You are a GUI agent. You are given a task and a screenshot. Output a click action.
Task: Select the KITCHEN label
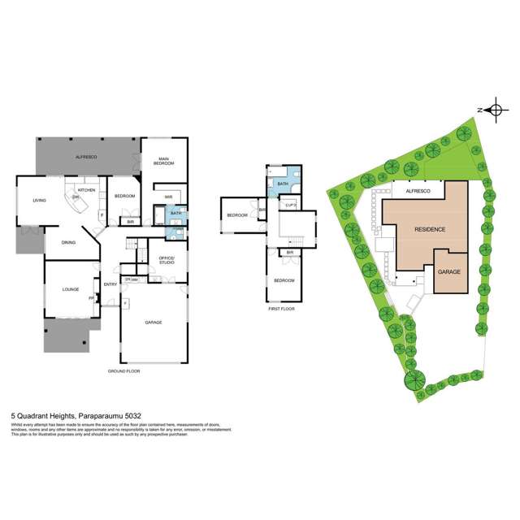(x=87, y=190)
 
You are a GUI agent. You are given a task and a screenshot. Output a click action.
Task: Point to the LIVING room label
(x=39, y=201)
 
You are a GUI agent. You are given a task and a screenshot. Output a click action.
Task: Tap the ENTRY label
(x=110, y=284)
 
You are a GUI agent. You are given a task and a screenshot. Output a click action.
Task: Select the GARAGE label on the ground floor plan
(x=154, y=323)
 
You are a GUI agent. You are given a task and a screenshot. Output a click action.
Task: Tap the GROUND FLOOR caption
(x=123, y=370)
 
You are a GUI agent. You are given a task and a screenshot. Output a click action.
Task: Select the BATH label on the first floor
(x=283, y=184)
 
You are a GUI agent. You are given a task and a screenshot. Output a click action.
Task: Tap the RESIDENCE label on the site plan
(x=430, y=229)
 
